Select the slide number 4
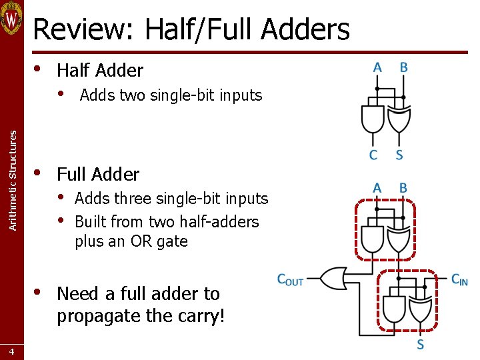12,351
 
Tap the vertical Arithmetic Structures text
12,180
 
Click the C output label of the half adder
373,155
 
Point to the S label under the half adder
399,155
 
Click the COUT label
291,280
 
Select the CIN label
459,280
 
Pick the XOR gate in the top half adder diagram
399,119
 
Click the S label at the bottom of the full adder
420,345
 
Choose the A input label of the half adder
377,67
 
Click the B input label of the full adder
403,188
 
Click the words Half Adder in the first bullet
100,70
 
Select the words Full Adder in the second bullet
98,175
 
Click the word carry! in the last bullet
202,315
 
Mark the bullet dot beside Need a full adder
38,291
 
